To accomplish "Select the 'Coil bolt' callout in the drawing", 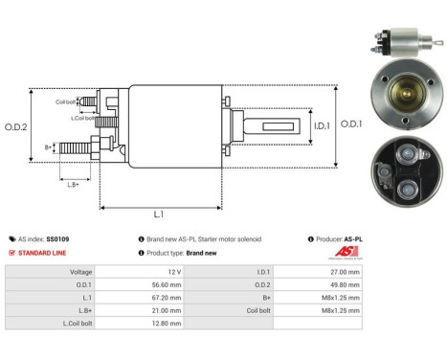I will point(66,101).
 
